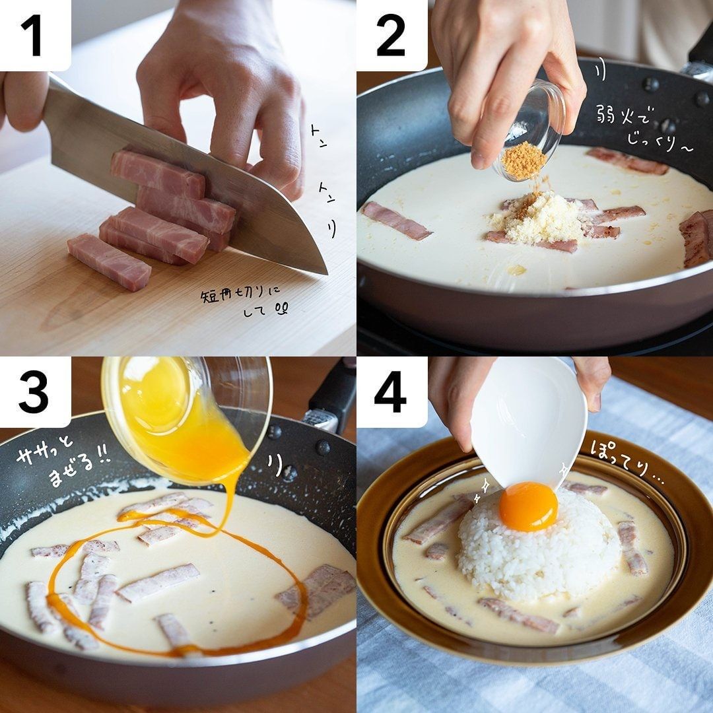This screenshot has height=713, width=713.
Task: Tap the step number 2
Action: pyautogui.click(x=391, y=36)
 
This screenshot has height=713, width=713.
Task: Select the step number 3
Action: pyautogui.click(x=33, y=392)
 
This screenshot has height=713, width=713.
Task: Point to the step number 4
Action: pyautogui.click(x=390, y=392)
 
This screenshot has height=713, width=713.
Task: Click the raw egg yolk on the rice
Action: pyautogui.click(x=528, y=506)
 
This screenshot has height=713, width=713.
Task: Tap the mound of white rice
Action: pyautogui.click(x=539, y=546)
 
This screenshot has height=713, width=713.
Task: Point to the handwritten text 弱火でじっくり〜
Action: pyautogui.click(x=644, y=128)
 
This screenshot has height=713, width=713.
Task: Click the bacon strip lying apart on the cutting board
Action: pyautogui.click(x=109, y=261)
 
